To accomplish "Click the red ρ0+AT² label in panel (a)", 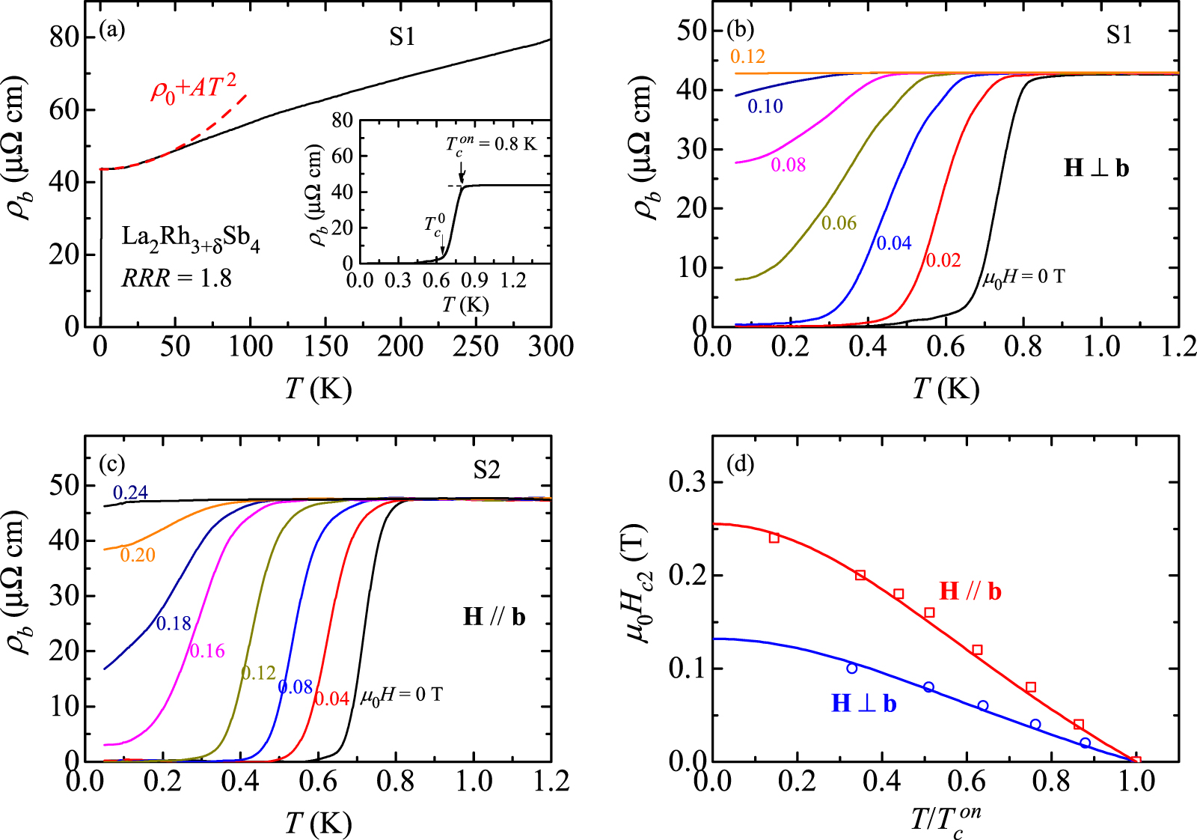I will click(x=194, y=88).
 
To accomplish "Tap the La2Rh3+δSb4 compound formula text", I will click(x=191, y=239).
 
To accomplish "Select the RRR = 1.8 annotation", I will click(x=177, y=279).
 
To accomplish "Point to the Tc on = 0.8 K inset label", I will click(x=492, y=143).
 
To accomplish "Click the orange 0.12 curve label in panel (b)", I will click(x=747, y=57).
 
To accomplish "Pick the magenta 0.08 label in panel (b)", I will click(x=789, y=165).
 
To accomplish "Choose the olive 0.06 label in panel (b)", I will click(x=839, y=223).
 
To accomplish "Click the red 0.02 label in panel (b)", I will click(x=943, y=260).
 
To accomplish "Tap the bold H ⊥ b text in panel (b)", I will click(x=1096, y=168).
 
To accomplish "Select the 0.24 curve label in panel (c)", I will click(x=130, y=493).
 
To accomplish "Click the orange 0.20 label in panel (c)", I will click(x=138, y=555).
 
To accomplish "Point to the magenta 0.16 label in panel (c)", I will click(x=207, y=651).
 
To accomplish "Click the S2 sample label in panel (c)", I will click(x=486, y=469).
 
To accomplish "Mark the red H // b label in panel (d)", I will click(x=970, y=591).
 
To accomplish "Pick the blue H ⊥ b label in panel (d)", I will click(x=864, y=704).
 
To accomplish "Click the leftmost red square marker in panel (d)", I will click(x=774, y=538).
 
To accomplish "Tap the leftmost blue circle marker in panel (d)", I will click(x=852, y=668).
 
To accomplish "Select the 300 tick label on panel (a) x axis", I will click(x=551, y=347).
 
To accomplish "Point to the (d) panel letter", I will click(x=740, y=464).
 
